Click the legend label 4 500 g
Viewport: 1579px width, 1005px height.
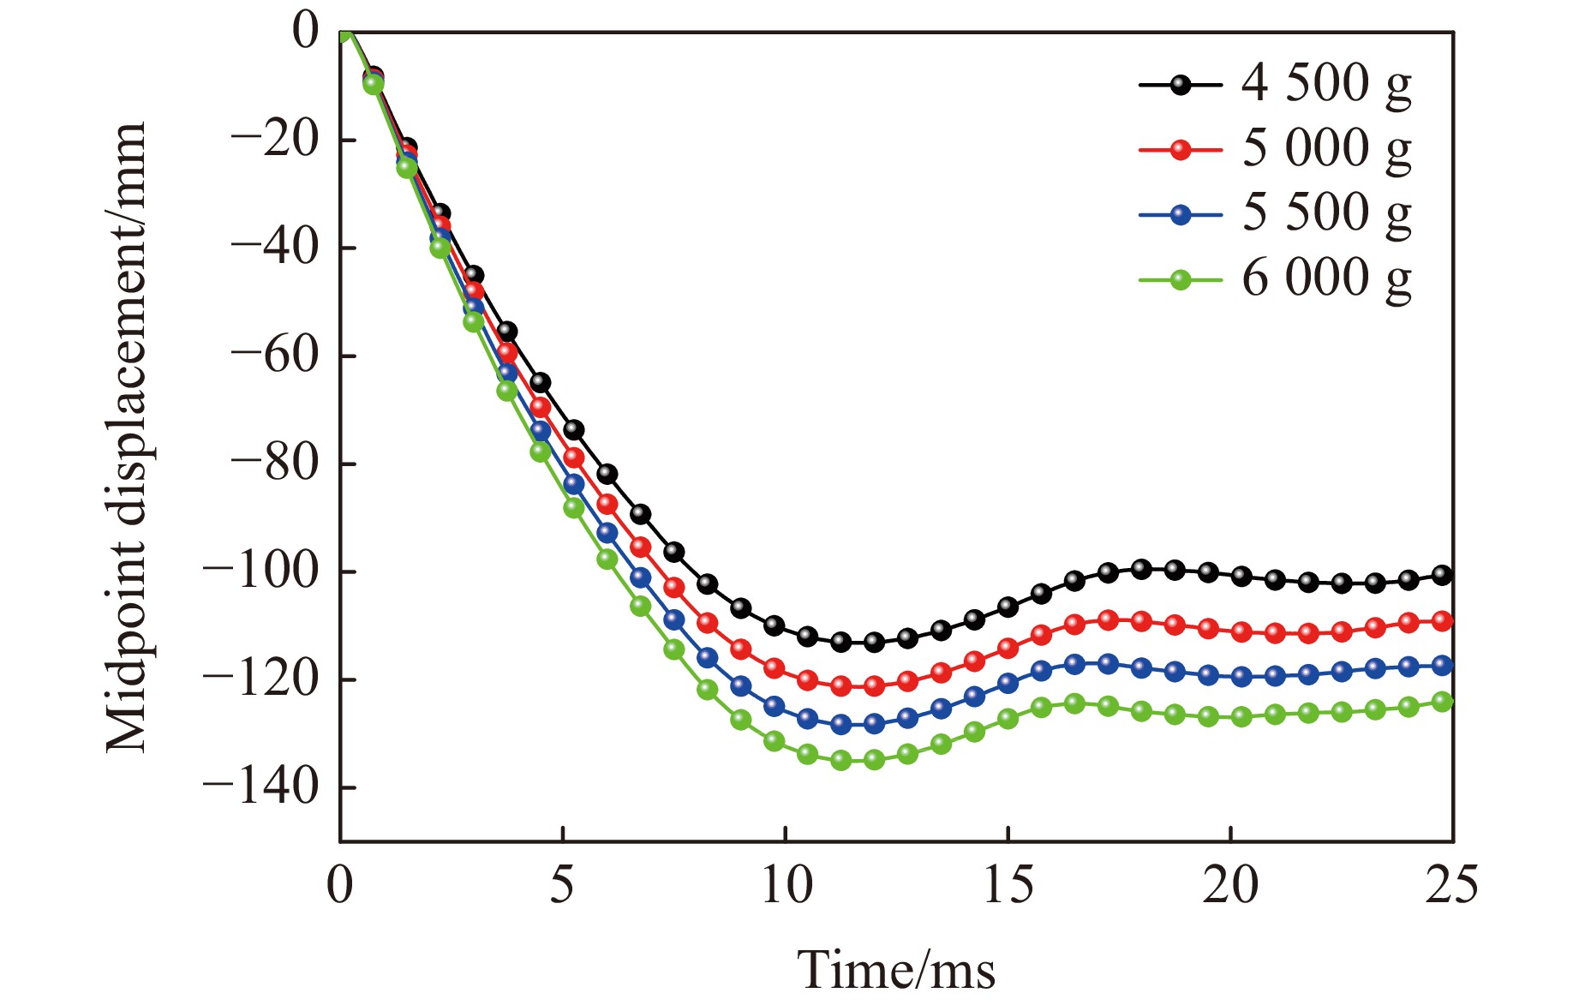point(1325,84)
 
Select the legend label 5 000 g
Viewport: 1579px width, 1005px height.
point(1325,149)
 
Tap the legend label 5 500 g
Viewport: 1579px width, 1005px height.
point(1325,213)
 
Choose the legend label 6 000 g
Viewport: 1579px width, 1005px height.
point(1325,278)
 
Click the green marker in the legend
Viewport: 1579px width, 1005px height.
point(1181,279)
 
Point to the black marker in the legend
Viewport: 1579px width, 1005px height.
point(1181,85)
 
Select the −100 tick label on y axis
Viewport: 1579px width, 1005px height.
point(260,571)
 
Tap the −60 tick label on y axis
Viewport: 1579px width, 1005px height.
point(274,356)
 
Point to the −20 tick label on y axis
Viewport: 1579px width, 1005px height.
point(274,140)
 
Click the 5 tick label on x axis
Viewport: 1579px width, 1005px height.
point(562,884)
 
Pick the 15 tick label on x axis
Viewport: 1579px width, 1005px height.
point(1008,884)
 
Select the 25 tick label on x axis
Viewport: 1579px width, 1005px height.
point(1451,884)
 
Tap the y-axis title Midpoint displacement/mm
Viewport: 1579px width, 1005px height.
point(127,437)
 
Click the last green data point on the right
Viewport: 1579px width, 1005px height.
point(1443,702)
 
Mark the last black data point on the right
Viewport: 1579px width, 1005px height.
point(1443,575)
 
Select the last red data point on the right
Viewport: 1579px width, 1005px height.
point(1443,621)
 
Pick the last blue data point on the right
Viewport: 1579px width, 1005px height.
point(1443,665)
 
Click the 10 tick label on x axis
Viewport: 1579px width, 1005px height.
point(786,884)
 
